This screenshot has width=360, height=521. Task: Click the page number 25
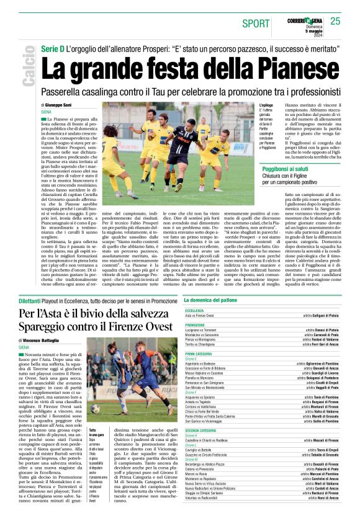click(335, 21)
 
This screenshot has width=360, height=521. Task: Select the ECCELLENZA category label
click(194, 310)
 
